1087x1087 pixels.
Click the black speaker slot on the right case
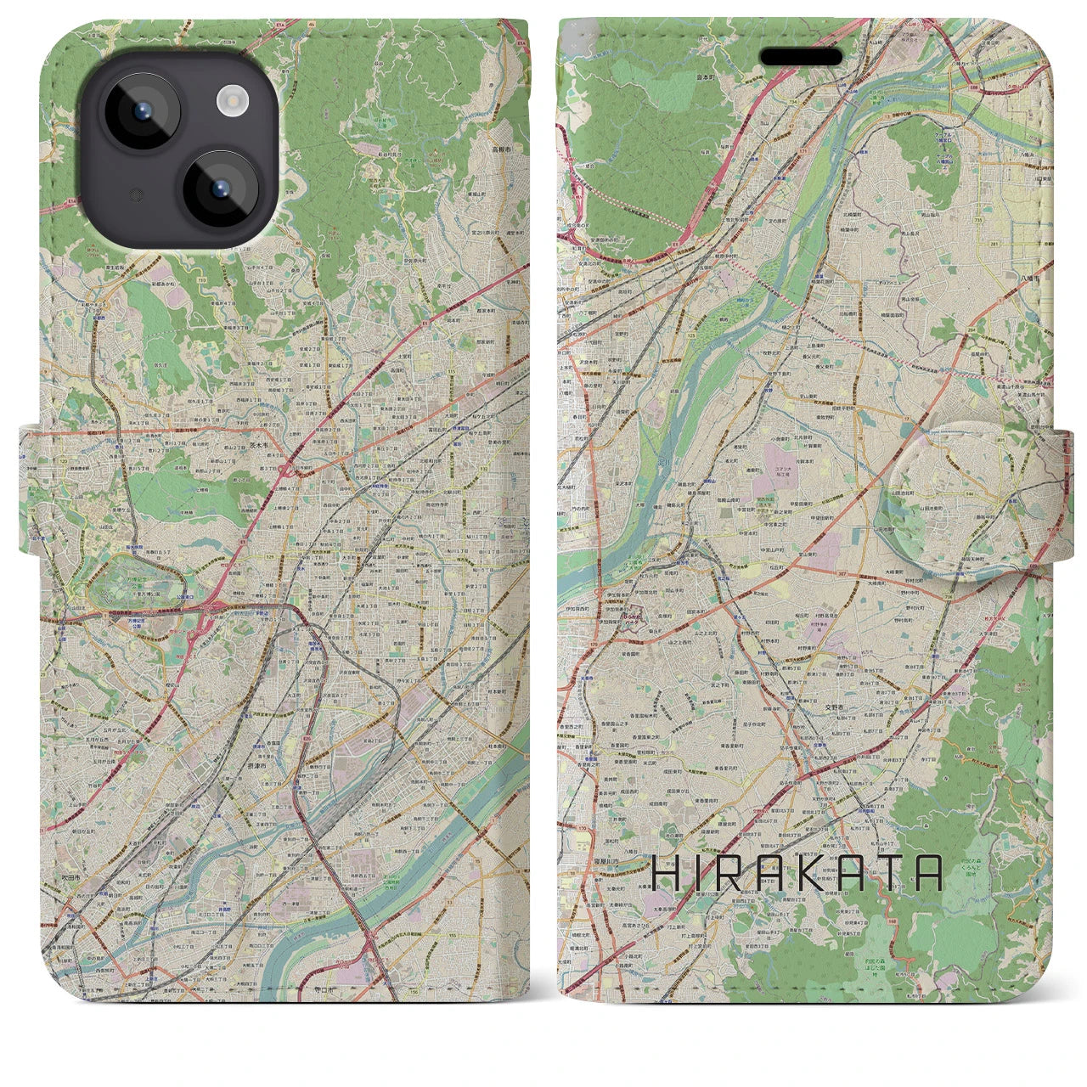[x=801, y=57]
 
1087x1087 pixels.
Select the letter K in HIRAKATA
[x=801, y=873]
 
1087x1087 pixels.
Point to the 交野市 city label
[x=836, y=704]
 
